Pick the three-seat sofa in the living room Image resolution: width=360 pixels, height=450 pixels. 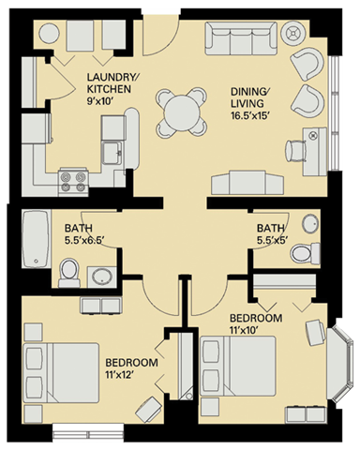[x=242, y=40]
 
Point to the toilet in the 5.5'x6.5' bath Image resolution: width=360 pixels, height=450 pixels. [x=68, y=271]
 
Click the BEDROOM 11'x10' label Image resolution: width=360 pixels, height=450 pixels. [x=256, y=324]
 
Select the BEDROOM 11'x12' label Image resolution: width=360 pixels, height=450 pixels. [x=129, y=367]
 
